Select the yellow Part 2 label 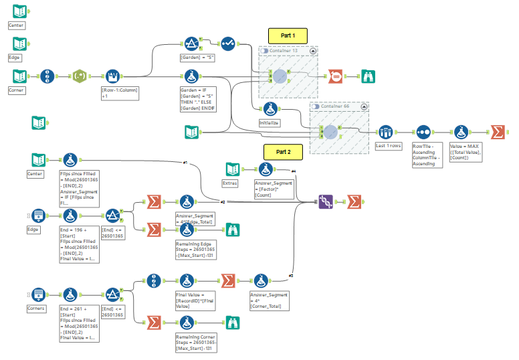click(x=283, y=152)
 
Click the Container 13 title click(x=283, y=51)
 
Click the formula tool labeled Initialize click(x=270, y=110)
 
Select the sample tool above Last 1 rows click(x=385, y=132)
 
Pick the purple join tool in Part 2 click(x=326, y=201)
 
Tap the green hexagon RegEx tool click(x=80, y=76)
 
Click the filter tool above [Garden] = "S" click(x=191, y=43)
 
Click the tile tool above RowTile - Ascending click(x=423, y=132)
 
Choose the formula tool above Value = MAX click(x=461, y=132)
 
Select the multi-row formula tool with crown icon click(x=111, y=76)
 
